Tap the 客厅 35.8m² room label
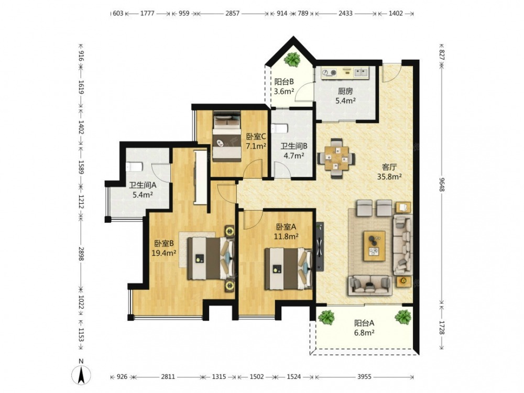389,172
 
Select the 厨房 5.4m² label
345,95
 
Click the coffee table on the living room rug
374,246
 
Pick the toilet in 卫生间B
279,128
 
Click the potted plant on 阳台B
292,59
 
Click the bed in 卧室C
227,134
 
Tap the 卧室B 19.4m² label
163,248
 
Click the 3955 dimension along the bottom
364,377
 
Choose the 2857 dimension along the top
232,14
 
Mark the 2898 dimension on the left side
81,253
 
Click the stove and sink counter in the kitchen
345,73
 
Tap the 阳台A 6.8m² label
364,327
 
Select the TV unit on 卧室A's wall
320,246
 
